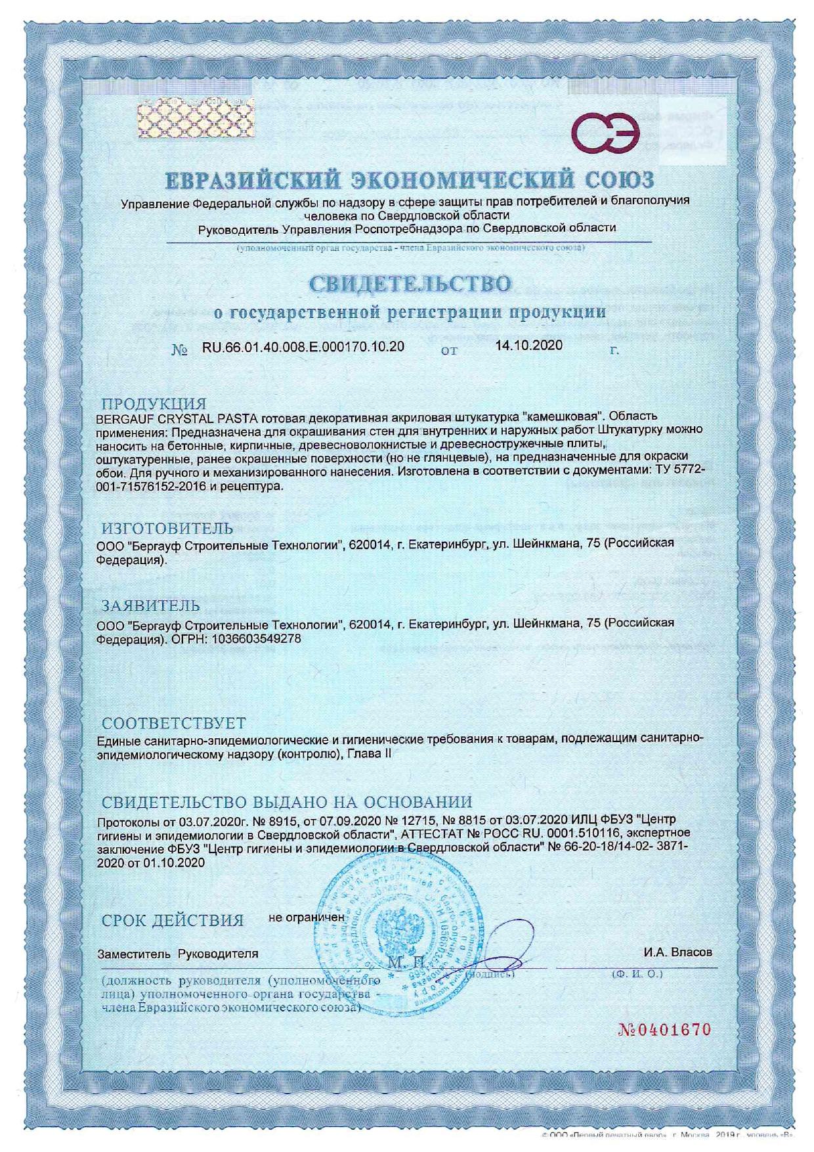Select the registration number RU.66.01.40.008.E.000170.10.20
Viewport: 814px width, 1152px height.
[303, 347]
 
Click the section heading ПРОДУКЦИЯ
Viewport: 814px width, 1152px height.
[154, 403]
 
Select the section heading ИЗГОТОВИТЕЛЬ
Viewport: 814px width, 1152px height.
[167, 528]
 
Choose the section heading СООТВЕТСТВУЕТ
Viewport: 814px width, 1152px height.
[174, 724]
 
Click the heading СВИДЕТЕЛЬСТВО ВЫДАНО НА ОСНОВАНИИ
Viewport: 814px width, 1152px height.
[287, 802]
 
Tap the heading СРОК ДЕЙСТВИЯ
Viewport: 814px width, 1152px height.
[173, 920]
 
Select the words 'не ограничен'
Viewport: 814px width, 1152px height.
[307, 916]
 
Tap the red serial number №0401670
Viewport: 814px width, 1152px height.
[665, 1029]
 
